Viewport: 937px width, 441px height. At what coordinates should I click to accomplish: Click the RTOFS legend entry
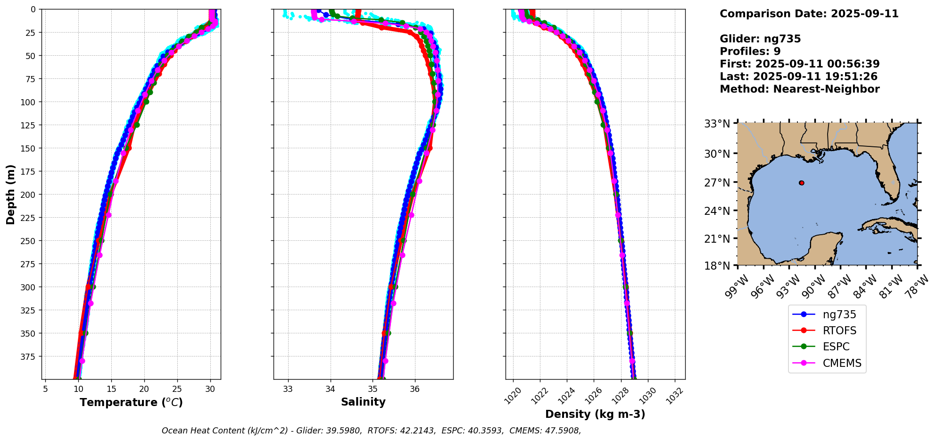(x=839, y=331)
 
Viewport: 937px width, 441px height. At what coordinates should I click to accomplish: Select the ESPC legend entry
(x=836, y=347)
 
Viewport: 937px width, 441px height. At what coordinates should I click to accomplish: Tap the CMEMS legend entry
(x=842, y=363)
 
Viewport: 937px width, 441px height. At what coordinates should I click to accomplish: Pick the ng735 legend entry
(x=839, y=314)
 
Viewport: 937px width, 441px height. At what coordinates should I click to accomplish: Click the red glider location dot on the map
(x=802, y=183)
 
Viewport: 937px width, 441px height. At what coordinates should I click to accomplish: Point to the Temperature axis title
(x=131, y=402)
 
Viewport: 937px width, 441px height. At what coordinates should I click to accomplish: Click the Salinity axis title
(x=363, y=402)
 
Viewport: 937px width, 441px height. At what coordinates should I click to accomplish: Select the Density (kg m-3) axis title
(x=595, y=414)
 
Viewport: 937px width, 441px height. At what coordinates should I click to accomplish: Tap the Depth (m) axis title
(x=11, y=195)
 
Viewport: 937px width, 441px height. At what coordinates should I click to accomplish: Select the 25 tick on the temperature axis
(x=177, y=389)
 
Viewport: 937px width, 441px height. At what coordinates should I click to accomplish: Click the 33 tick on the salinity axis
(x=288, y=389)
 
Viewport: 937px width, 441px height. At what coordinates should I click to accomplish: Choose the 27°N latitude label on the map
(x=717, y=183)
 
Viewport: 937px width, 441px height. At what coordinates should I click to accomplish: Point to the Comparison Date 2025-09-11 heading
(x=809, y=14)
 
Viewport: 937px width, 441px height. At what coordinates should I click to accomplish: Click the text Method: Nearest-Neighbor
(x=799, y=89)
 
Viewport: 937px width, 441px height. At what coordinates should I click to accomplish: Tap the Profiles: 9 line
(x=750, y=51)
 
